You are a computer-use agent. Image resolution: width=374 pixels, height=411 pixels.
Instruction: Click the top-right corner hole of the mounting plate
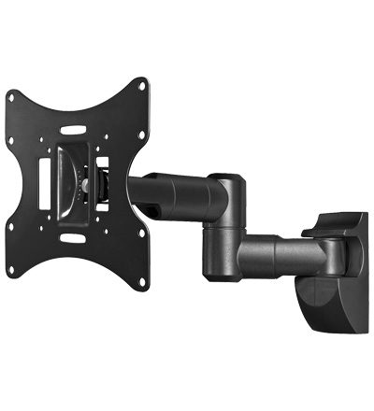(x=141, y=85)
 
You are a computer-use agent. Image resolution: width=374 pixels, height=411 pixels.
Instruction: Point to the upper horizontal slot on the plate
(x=73, y=130)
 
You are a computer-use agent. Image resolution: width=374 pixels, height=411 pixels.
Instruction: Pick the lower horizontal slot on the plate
(x=72, y=239)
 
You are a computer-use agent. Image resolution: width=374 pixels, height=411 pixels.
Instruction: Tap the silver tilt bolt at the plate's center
(x=85, y=185)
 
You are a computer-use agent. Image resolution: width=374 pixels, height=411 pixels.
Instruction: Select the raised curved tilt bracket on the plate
(x=70, y=183)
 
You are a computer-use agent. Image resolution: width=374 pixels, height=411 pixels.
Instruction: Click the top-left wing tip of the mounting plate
(x=9, y=91)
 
